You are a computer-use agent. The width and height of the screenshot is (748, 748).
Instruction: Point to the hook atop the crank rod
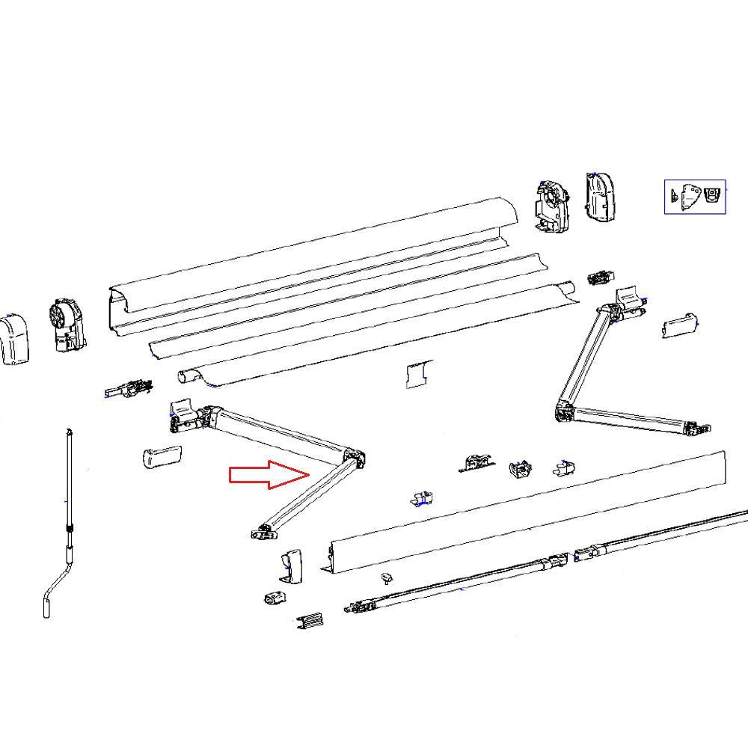tap(69, 432)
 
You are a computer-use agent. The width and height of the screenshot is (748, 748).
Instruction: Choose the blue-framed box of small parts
tap(695, 196)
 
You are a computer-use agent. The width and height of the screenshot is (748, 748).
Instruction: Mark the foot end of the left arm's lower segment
tap(263, 532)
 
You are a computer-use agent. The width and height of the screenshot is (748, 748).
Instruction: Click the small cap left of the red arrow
tap(161, 456)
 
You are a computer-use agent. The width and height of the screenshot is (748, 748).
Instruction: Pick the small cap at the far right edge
tap(679, 325)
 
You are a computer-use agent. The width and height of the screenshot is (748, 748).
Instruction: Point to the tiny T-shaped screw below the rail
tap(387, 578)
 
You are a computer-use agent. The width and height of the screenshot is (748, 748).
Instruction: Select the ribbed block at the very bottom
tap(310, 622)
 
